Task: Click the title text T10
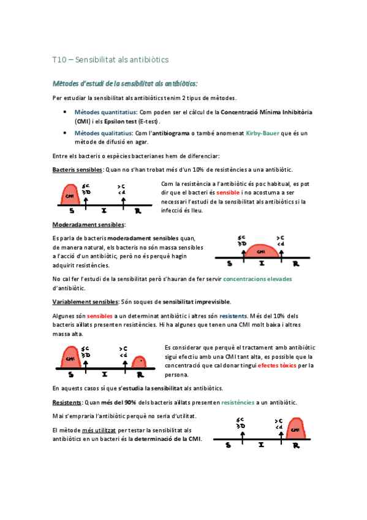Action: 59,60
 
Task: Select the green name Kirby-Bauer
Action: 264,133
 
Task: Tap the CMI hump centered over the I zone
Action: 262,251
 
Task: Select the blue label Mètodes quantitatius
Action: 105,113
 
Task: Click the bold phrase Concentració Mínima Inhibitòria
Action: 266,113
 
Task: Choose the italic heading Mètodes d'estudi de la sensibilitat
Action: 126,83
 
